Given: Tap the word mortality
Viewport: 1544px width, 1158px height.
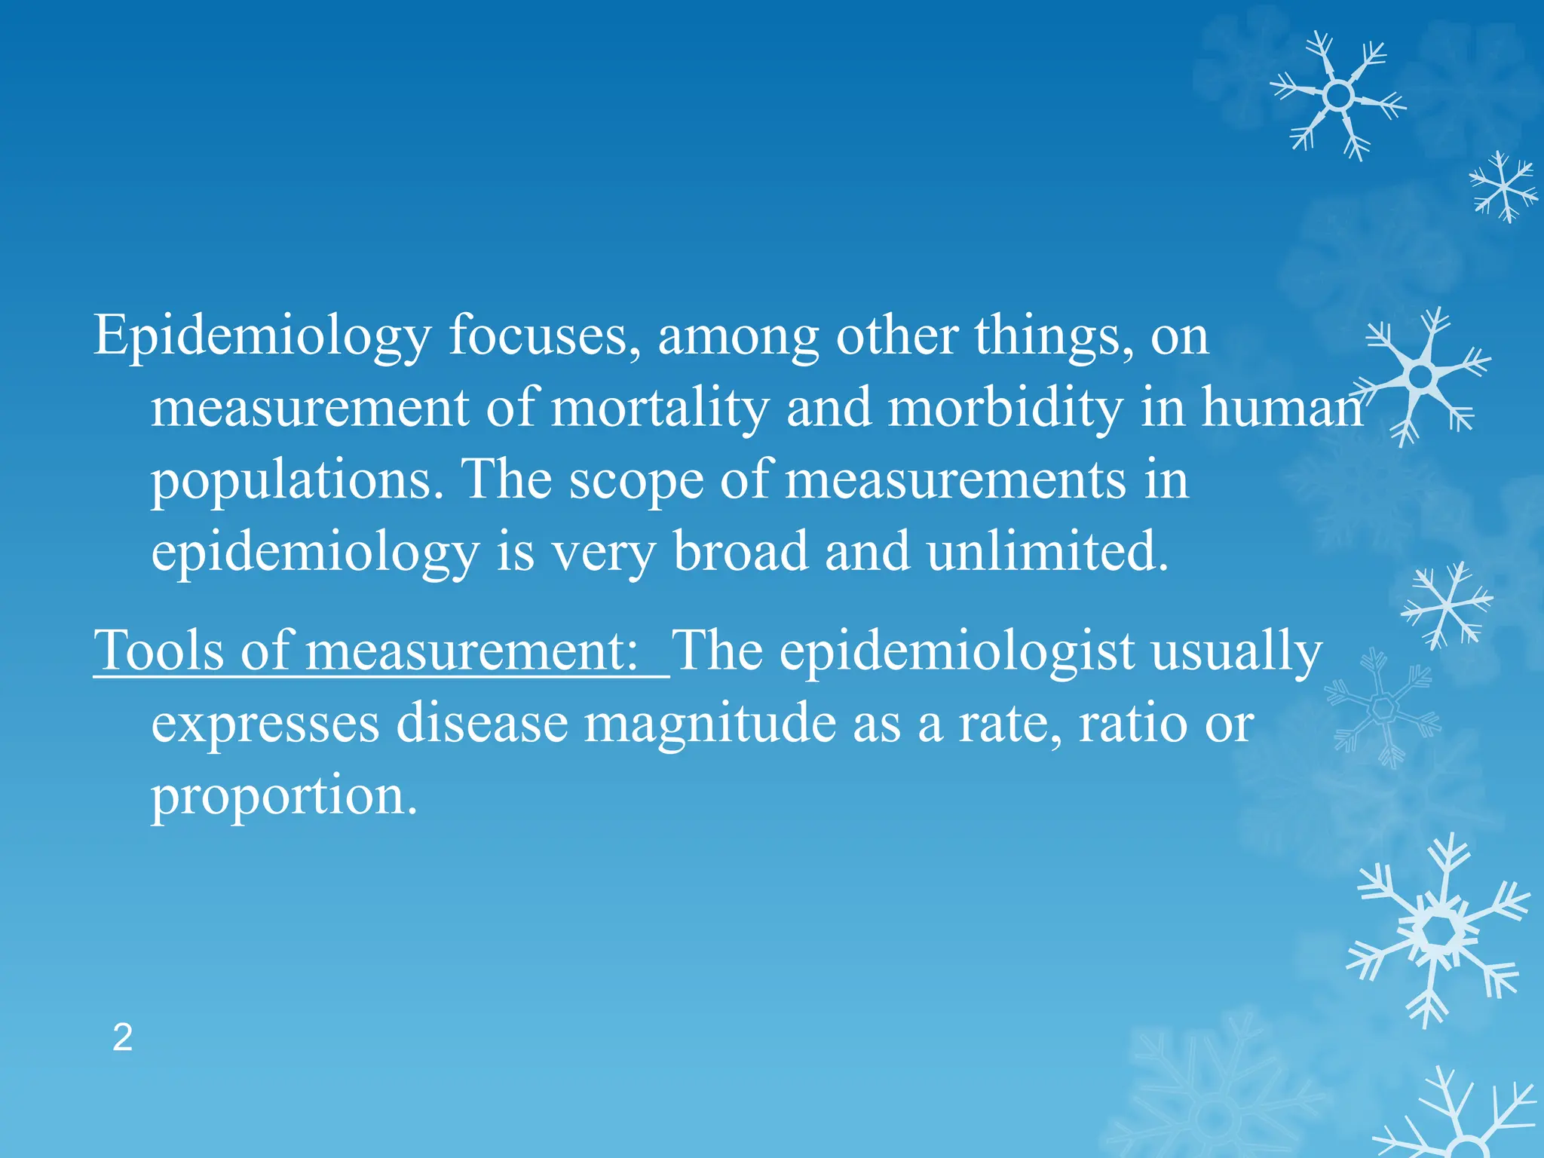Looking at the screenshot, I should point(660,408).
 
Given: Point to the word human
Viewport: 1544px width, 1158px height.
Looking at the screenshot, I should point(1282,408).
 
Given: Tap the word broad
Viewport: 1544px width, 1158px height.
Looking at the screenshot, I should point(740,551).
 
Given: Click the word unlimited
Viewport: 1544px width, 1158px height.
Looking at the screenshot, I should point(1048,551).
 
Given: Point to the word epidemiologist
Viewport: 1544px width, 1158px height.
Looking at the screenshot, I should point(957,651).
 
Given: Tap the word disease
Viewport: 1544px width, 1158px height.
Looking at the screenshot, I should point(482,722).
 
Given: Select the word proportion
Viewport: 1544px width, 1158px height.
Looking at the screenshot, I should point(283,796).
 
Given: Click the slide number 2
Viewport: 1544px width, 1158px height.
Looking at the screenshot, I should point(122,1038).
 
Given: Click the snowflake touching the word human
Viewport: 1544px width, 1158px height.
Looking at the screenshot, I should point(1422,375).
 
